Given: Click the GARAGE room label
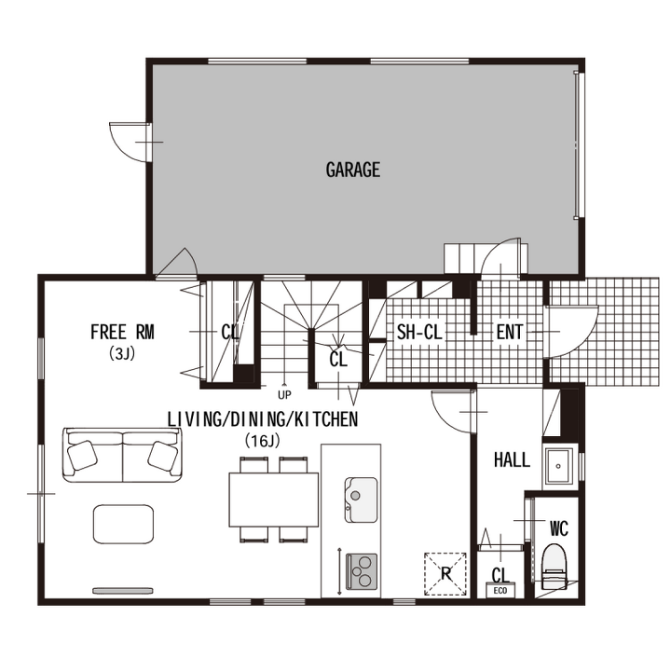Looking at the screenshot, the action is pyautogui.click(x=352, y=170).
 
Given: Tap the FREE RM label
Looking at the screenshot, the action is pyautogui.click(x=122, y=333).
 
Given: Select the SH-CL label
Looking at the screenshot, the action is pyautogui.click(x=419, y=332).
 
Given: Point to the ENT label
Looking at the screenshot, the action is pyautogui.click(x=509, y=332).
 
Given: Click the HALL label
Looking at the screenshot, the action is pyautogui.click(x=512, y=460).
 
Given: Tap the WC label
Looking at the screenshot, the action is pyautogui.click(x=559, y=529).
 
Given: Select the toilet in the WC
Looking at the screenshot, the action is pyautogui.click(x=555, y=567).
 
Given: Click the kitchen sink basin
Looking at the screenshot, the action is pyautogui.click(x=361, y=500).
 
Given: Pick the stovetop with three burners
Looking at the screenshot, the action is pyautogui.click(x=362, y=571).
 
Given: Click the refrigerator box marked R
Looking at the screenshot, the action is pyautogui.click(x=445, y=574).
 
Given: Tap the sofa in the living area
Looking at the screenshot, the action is pyautogui.click(x=123, y=455).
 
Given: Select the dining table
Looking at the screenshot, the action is pyautogui.click(x=274, y=500).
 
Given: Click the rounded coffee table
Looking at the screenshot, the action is pyautogui.click(x=123, y=524).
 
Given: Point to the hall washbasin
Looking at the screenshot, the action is pyautogui.click(x=558, y=466).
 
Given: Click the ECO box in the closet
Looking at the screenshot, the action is pyautogui.click(x=500, y=591).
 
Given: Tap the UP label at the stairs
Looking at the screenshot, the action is pyautogui.click(x=284, y=395).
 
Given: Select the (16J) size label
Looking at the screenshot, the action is pyautogui.click(x=262, y=440).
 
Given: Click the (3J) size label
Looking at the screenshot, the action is pyautogui.click(x=122, y=353).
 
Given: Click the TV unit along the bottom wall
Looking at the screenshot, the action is pyautogui.click(x=123, y=591).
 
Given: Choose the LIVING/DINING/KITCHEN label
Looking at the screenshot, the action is pyautogui.click(x=262, y=419).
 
